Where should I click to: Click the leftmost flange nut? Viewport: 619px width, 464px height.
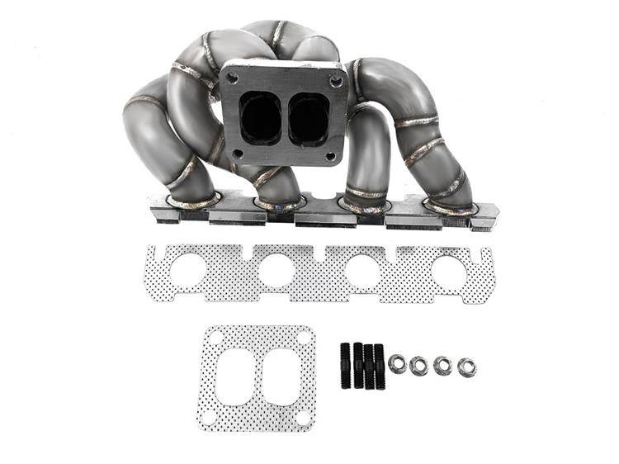click(x=397, y=362)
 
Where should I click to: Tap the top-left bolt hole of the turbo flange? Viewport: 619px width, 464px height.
click(x=234, y=78)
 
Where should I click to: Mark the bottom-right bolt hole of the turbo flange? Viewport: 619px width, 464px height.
click(x=331, y=155)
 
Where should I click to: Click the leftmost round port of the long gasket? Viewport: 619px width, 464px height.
click(x=189, y=270)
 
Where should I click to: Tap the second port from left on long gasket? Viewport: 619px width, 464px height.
click(x=276, y=271)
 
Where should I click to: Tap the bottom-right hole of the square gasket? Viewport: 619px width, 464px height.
click(x=304, y=417)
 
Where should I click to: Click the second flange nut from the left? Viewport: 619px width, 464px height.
click(x=419, y=365)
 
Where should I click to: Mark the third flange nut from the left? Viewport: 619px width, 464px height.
click(x=443, y=365)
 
